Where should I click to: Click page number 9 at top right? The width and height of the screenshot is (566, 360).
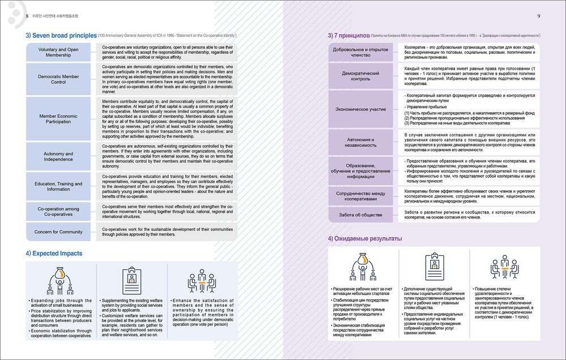coord(538,16)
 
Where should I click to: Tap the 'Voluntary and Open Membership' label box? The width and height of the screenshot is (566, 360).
coord(59,53)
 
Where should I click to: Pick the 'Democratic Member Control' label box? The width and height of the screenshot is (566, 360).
coord(59,79)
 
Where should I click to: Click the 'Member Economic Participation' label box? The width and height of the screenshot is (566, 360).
coord(59,119)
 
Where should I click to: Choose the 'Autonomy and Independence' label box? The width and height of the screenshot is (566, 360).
coord(59,156)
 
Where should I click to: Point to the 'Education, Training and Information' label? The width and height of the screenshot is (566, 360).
coord(59,186)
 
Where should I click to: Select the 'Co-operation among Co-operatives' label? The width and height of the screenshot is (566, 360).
coord(59,212)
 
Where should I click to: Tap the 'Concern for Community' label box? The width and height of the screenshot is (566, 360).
coord(59,232)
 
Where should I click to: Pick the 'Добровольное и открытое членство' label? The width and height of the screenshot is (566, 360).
coord(361,53)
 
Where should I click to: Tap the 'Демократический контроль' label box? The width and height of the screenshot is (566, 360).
coord(361,76)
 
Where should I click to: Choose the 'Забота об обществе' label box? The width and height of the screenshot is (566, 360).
coord(361,215)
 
